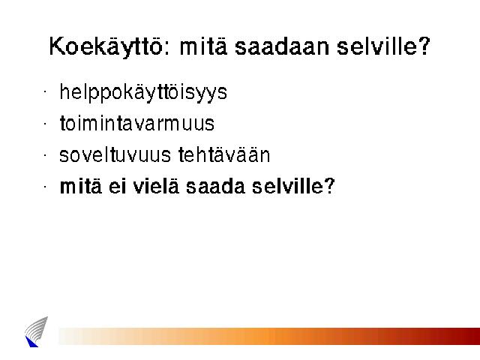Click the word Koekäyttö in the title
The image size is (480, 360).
106,47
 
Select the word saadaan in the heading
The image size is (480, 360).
282,46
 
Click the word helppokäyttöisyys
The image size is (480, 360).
143,92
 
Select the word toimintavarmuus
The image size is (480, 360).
137,123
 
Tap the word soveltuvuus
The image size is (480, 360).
115,154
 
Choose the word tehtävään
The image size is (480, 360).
224,154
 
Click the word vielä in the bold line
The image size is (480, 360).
156,186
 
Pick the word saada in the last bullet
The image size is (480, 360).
215,186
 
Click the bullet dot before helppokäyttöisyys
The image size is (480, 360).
45,91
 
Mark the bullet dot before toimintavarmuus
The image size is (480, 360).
45,123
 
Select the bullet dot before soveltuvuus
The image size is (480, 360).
45,155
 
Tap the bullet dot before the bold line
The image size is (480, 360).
45,186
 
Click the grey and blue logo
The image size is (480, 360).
36,331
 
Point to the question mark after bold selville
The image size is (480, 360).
330,185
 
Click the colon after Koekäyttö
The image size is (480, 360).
166,49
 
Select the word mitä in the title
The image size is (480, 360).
203,46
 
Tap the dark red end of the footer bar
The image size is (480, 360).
472,336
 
